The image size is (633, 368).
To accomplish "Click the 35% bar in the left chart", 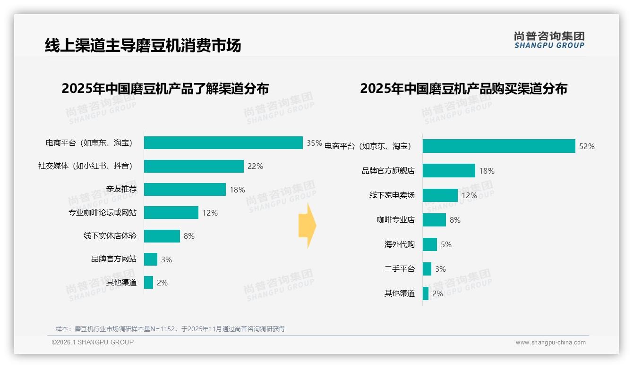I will click(x=223, y=143).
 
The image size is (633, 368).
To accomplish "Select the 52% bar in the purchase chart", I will click(x=499, y=146).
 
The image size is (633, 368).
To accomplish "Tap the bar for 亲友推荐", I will click(x=185, y=190).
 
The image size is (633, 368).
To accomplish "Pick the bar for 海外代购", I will click(x=430, y=244).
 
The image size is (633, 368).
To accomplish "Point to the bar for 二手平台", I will click(x=427, y=269).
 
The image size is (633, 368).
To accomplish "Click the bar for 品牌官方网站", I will click(x=151, y=259).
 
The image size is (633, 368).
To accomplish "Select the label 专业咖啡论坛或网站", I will click(x=103, y=213).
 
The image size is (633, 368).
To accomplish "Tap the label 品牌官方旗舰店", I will click(x=388, y=171).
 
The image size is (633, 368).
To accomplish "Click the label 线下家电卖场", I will click(x=392, y=195).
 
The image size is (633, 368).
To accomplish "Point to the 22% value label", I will click(x=255, y=166).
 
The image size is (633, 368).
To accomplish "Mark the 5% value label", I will click(x=446, y=244).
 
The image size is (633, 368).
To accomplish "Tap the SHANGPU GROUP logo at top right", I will click(x=549, y=40).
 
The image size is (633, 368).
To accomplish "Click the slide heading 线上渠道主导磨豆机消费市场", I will click(x=143, y=45).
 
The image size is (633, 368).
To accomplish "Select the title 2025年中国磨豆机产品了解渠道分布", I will click(x=165, y=89).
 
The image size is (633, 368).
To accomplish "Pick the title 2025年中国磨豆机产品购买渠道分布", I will click(x=463, y=89).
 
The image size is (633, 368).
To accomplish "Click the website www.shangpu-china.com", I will click(x=550, y=343).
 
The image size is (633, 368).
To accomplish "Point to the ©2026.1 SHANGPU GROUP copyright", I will click(x=93, y=342).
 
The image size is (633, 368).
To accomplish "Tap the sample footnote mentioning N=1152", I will click(x=170, y=329).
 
